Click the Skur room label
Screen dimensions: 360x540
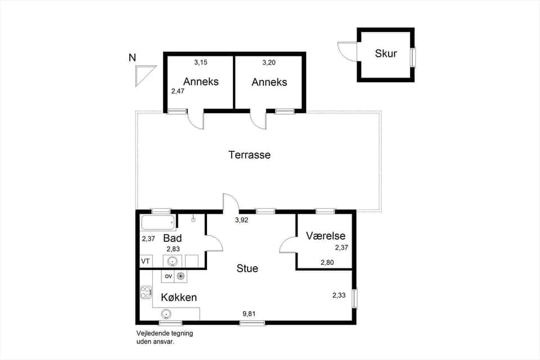coord(386,54)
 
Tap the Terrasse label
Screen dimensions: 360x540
coord(249,155)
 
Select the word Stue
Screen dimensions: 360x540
coord(247,268)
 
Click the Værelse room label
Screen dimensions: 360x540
coord(326,236)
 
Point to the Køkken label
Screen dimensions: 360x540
coord(179,297)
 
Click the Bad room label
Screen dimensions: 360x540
coord(172,238)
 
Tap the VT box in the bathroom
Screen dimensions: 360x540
coord(146,261)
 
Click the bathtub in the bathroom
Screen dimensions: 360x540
coord(158,223)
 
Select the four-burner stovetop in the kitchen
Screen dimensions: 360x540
coord(146,292)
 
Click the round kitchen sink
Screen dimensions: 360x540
coord(166,314)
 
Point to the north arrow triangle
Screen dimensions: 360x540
coord(143,74)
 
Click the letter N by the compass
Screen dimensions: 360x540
coord(132,57)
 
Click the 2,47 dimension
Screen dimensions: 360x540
coord(178,91)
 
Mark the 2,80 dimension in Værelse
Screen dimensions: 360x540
coord(327,262)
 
